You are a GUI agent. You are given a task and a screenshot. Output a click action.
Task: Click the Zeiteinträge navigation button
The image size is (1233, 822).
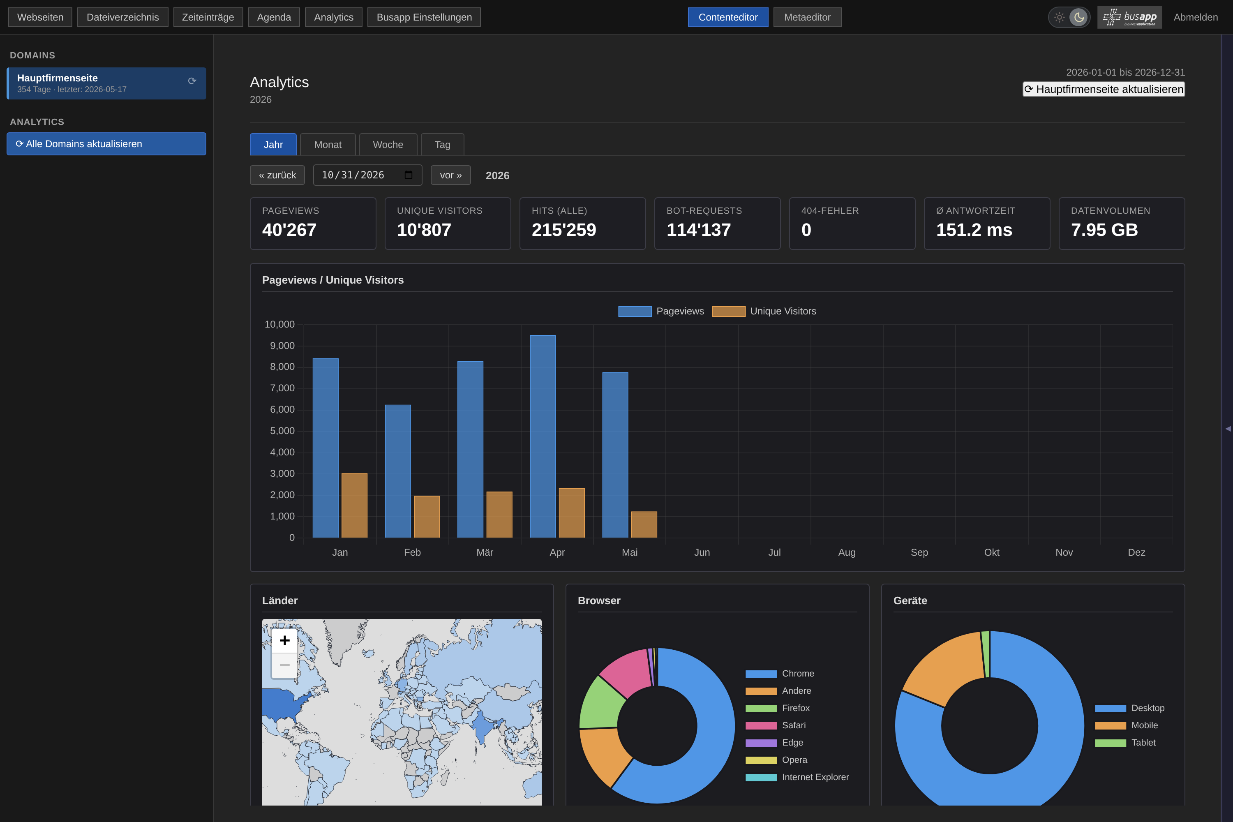[208, 17]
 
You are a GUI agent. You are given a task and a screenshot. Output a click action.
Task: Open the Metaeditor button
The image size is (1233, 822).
[807, 17]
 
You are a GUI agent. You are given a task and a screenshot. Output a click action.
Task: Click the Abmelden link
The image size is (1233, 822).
[1196, 17]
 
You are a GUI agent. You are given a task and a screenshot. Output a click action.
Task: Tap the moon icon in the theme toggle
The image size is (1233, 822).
[1079, 17]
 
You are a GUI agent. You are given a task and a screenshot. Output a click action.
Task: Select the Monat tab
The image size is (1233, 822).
[328, 145]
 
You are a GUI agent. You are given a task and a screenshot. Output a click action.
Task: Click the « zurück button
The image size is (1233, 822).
[277, 175]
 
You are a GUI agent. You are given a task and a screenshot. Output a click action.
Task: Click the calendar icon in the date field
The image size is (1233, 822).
[409, 175]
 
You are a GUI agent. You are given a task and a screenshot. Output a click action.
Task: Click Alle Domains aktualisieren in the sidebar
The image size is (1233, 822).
[106, 143]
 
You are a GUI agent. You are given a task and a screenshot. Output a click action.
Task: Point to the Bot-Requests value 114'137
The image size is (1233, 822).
[698, 230]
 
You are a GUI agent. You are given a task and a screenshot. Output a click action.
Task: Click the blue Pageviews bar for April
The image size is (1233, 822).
[543, 436]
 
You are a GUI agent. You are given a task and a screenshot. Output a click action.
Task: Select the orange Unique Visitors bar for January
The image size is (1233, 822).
[354, 506]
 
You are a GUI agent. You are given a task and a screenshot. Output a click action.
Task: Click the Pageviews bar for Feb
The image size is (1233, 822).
[398, 471]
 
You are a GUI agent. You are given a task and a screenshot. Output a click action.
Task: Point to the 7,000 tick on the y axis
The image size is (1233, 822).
[282, 388]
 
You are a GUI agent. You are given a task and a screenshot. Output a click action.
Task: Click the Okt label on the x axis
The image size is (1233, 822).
[991, 552]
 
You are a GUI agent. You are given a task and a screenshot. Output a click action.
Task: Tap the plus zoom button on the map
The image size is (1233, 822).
[285, 641]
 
